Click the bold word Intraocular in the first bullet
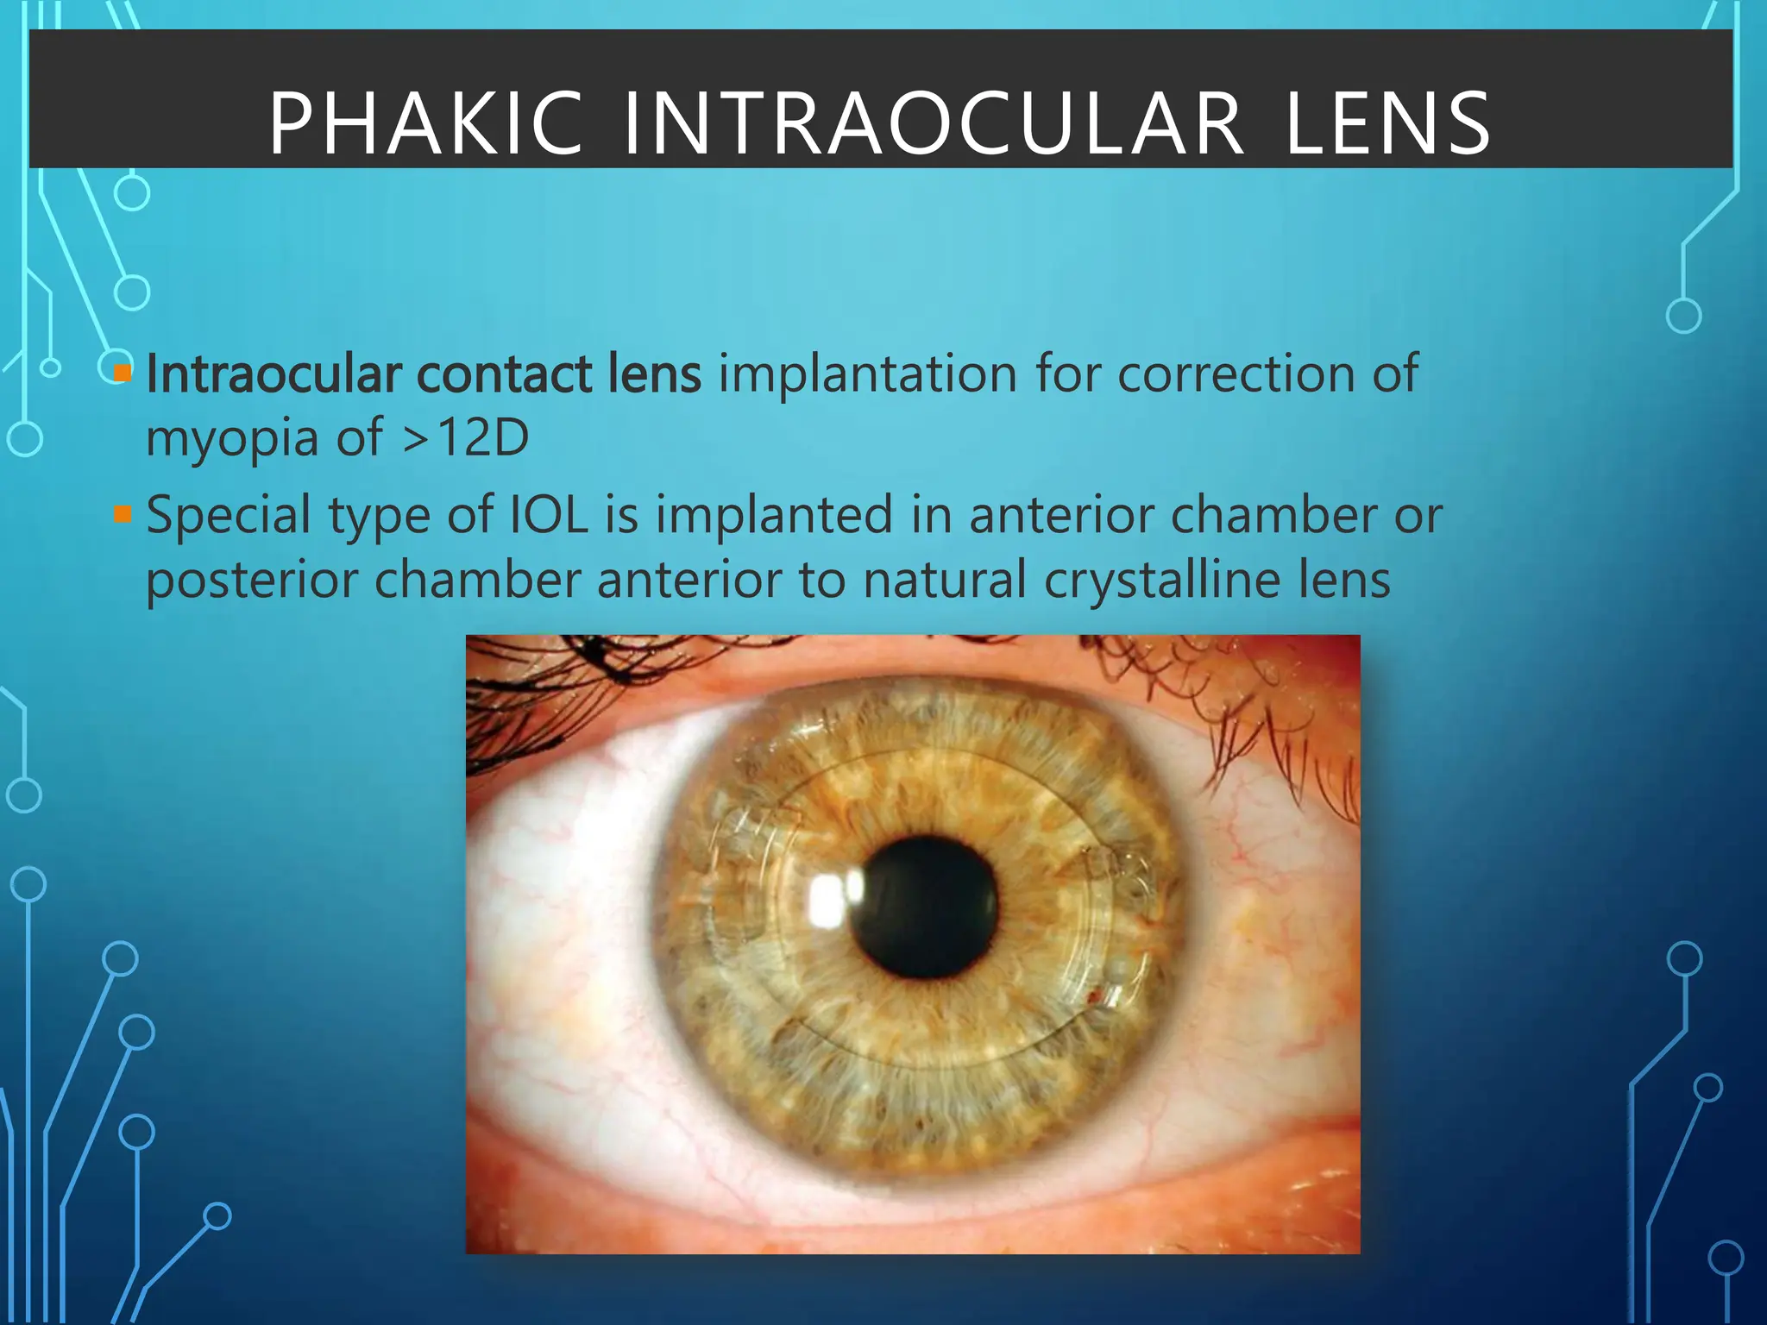click(274, 374)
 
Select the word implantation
click(867, 374)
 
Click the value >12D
click(465, 438)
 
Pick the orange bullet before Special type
click(123, 516)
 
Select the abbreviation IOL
click(549, 515)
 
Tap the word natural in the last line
click(944, 580)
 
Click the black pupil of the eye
click(924, 906)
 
